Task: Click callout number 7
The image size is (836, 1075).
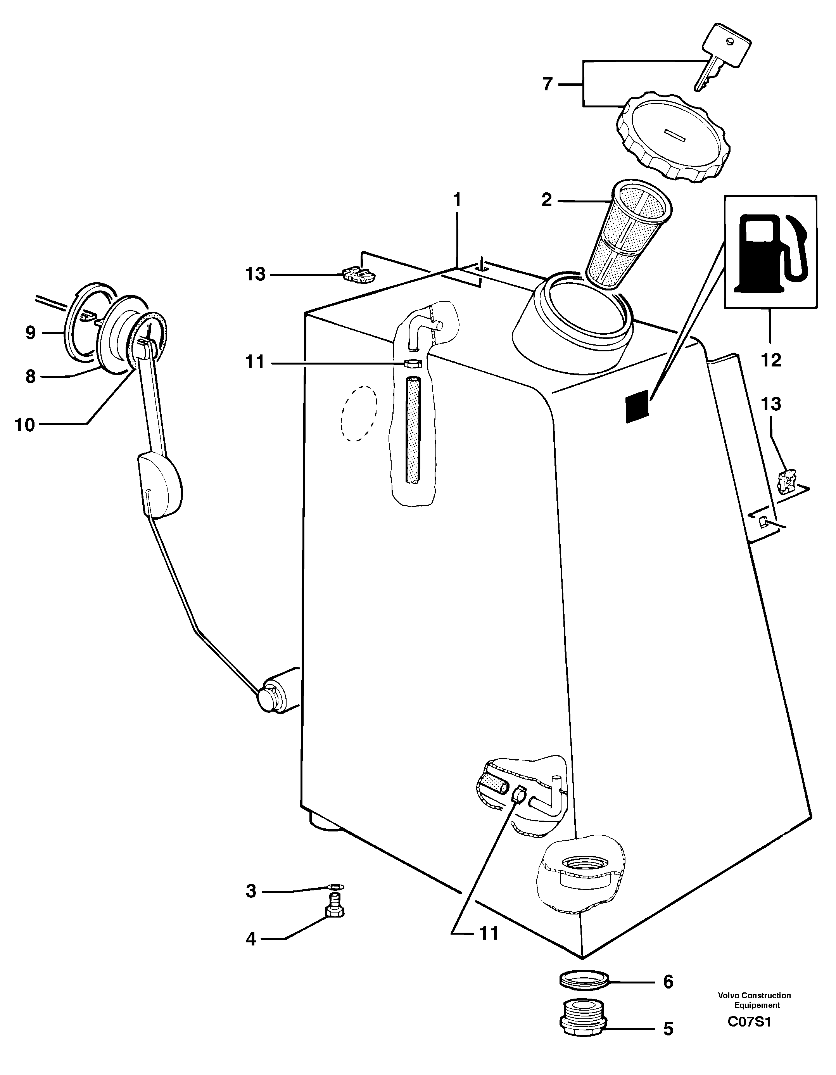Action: pos(548,84)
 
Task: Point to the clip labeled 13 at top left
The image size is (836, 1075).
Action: pos(357,274)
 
